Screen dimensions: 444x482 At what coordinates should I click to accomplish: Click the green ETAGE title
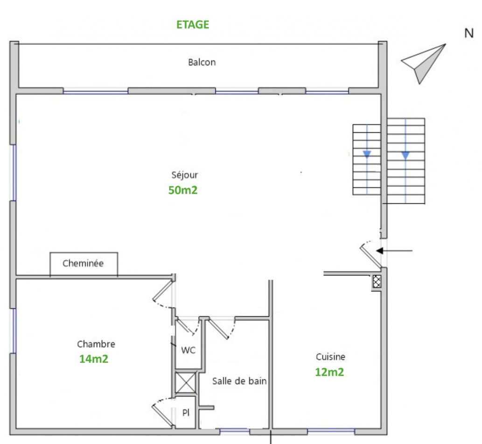coord(193,25)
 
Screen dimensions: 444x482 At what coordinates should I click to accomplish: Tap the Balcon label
coord(202,62)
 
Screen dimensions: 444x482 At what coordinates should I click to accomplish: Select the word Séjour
coord(185,175)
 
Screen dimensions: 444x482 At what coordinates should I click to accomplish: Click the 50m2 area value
coord(183,190)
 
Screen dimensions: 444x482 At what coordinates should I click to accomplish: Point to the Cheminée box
coord(84,264)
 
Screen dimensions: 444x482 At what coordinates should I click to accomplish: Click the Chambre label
coord(96,344)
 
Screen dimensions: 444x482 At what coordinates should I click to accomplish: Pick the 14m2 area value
coord(94,359)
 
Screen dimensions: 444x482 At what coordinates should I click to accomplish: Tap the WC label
coord(188,350)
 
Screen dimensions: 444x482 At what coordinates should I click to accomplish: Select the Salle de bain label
coord(239,381)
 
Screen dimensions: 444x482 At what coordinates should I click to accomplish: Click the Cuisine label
coord(331,357)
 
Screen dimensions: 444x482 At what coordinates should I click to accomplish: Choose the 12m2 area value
coord(329,372)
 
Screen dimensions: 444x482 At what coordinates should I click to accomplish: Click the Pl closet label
coord(186,413)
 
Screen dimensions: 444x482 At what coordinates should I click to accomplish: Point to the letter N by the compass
coord(469,33)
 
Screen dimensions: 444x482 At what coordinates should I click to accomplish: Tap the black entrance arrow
coord(394,251)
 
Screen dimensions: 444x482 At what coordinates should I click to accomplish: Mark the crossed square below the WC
coord(185,384)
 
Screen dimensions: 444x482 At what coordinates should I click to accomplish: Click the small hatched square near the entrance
coord(377,281)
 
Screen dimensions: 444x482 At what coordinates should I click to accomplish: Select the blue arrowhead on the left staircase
coord(367,154)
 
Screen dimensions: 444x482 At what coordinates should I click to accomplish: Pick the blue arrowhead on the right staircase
coord(405,155)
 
